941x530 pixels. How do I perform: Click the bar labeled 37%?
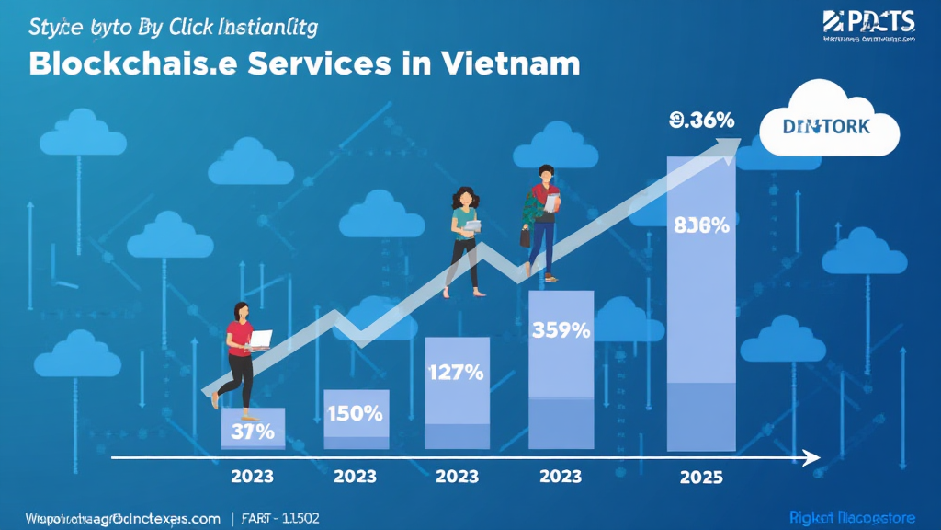254,430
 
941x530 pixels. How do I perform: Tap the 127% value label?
457,373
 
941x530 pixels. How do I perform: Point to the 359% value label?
561,329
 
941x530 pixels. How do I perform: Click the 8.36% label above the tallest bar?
702,120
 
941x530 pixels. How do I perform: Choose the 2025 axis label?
701,477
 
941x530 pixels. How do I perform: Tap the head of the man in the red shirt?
547,174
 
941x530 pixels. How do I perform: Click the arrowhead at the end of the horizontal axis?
811,457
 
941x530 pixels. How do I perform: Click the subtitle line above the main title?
174,27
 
